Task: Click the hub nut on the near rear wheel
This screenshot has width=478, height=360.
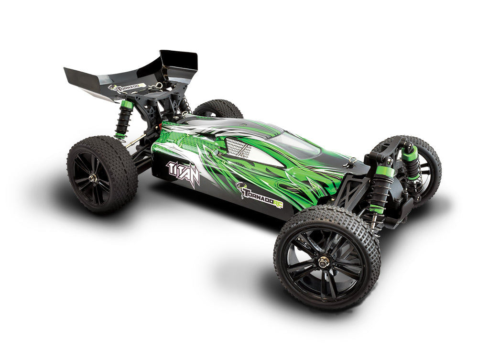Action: tap(92, 177)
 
